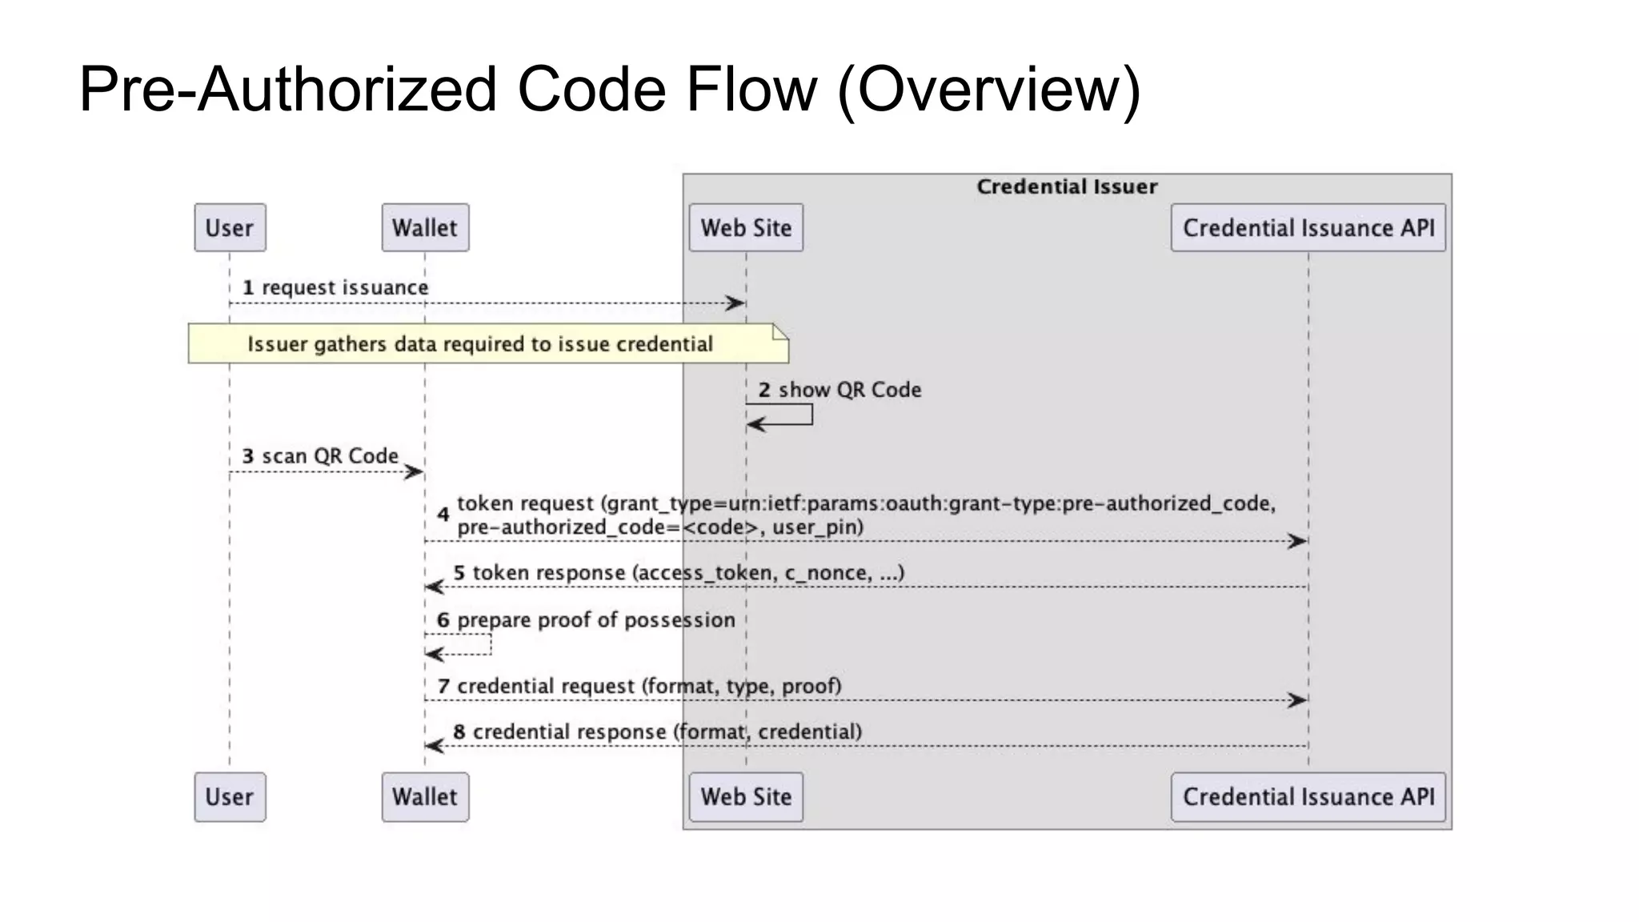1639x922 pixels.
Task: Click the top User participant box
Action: pyautogui.click(x=230, y=228)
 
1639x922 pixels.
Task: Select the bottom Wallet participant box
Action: pyautogui.click(x=425, y=797)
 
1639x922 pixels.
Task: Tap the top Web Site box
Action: pyautogui.click(x=746, y=228)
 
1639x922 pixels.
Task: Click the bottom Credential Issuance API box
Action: pyautogui.click(x=1308, y=797)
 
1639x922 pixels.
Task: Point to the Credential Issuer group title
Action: pyautogui.click(x=1067, y=186)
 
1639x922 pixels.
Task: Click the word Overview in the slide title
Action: pyautogui.click(x=989, y=89)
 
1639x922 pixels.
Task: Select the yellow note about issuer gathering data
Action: pyautogui.click(x=480, y=344)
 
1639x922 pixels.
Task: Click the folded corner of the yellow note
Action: pyautogui.click(x=780, y=331)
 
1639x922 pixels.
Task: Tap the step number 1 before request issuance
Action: pyautogui.click(x=248, y=287)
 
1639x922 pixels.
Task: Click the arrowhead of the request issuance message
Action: pyautogui.click(x=736, y=303)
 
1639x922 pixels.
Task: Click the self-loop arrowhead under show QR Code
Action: pyautogui.click(x=755, y=424)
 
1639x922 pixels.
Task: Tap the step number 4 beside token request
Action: pyautogui.click(x=443, y=515)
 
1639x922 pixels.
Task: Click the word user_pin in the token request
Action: pyautogui.click(x=817, y=527)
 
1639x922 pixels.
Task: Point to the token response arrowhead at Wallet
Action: pyautogui.click(x=434, y=587)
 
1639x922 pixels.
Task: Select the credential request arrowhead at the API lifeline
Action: pyautogui.click(x=1298, y=700)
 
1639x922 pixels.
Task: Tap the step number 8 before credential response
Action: pyautogui.click(x=459, y=732)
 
